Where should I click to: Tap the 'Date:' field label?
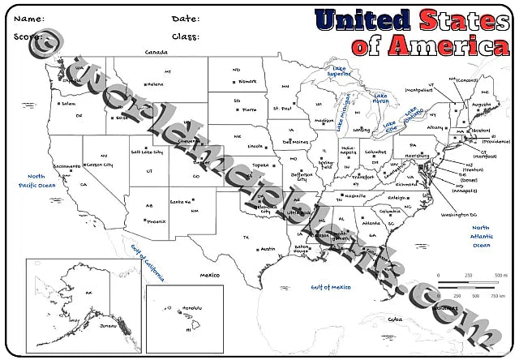(x=186, y=19)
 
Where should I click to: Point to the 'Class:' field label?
(x=187, y=36)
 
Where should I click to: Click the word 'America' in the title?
(x=442, y=46)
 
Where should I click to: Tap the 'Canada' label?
(x=156, y=52)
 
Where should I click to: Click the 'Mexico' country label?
(x=211, y=275)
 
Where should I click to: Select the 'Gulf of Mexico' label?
(x=331, y=287)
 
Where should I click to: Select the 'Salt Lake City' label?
(x=147, y=152)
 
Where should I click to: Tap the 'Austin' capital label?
(x=268, y=249)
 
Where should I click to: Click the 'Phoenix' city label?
(x=157, y=221)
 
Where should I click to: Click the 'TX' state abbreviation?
(x=246, y=237)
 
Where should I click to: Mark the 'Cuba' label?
(x=395, y=319)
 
